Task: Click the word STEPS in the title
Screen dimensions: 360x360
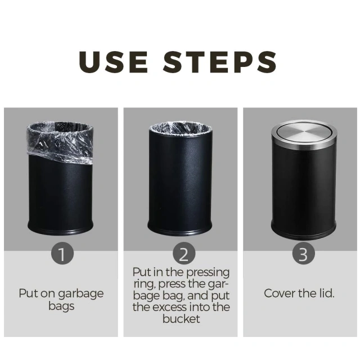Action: (220, 62)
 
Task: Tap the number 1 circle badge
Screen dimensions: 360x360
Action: (62, 254)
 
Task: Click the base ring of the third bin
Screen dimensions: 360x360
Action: (303, 231)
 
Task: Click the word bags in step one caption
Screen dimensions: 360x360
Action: (62, 307)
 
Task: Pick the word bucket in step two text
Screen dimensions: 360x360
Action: (183, 319)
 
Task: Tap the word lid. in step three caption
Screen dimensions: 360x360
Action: (325, 294)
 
